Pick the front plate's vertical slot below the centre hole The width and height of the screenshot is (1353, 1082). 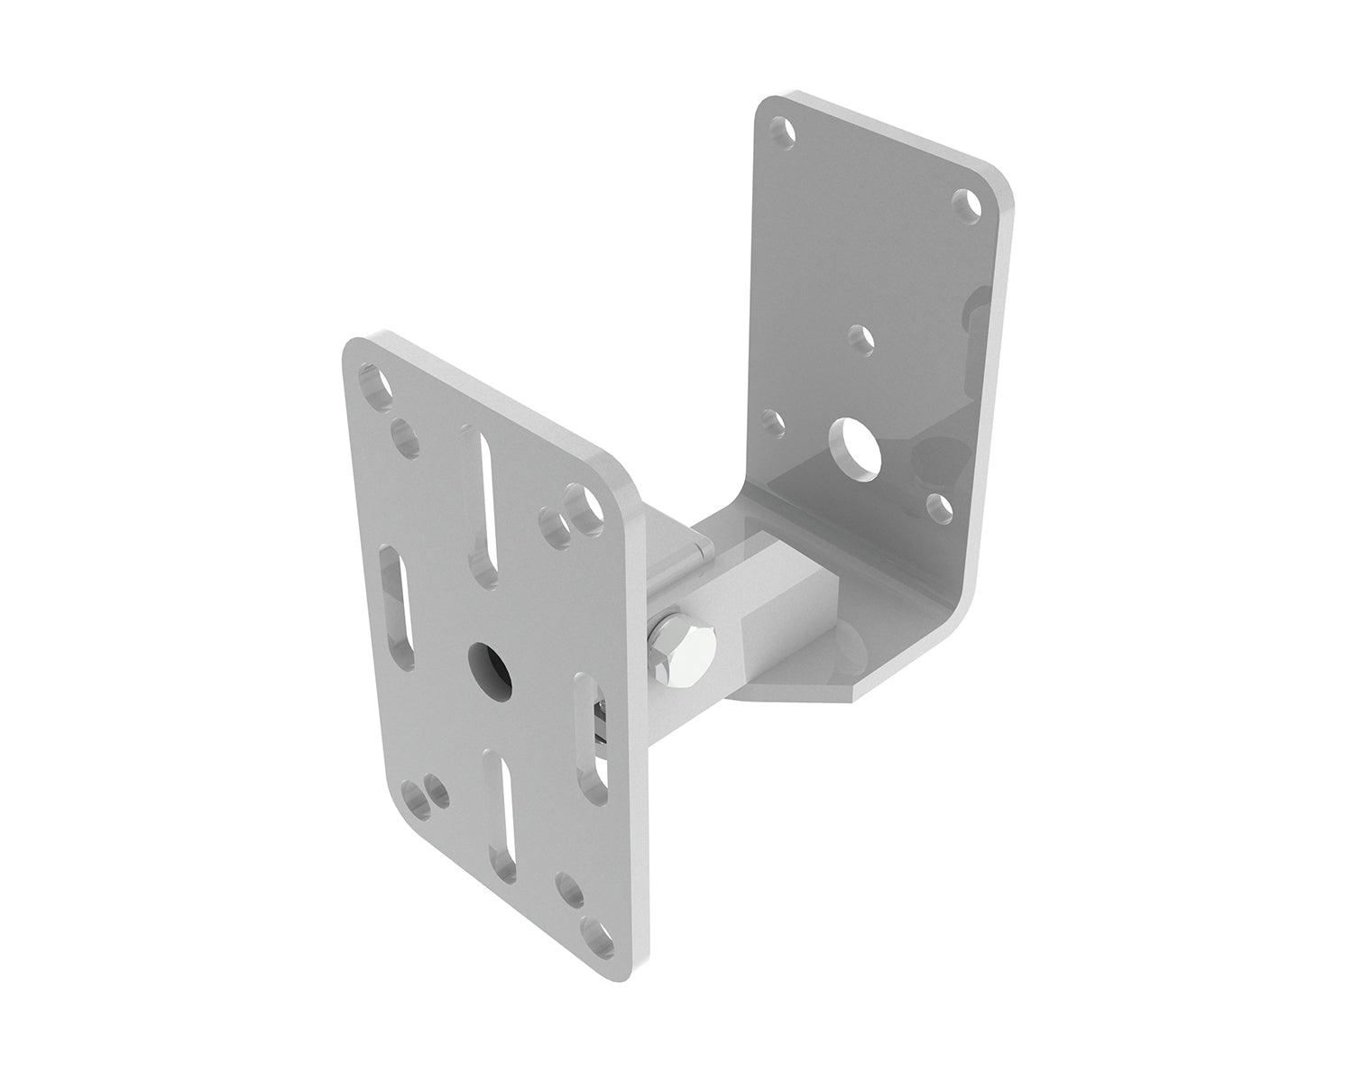coord(502,818)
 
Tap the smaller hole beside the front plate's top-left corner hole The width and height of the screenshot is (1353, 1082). coord(404,424)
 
